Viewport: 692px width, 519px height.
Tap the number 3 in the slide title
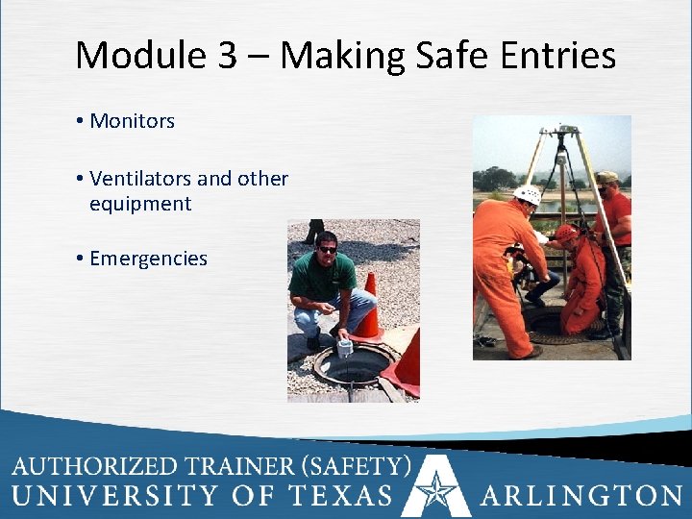click(x=227, y=56)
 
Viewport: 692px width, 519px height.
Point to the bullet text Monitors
click(x=132, y=121)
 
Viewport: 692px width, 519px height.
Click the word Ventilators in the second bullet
click(x=139, y=179)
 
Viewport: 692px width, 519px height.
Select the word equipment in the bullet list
click(x=140, y=204)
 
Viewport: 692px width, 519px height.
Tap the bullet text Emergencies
click(x=148, y=259)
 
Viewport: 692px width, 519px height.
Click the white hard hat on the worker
click(x=528, y=195)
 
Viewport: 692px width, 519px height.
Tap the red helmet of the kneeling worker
click(x=567, y=233)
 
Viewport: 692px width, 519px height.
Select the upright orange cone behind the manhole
click(x=368, y=308)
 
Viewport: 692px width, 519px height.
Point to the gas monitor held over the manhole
click(x=344, y=347)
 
